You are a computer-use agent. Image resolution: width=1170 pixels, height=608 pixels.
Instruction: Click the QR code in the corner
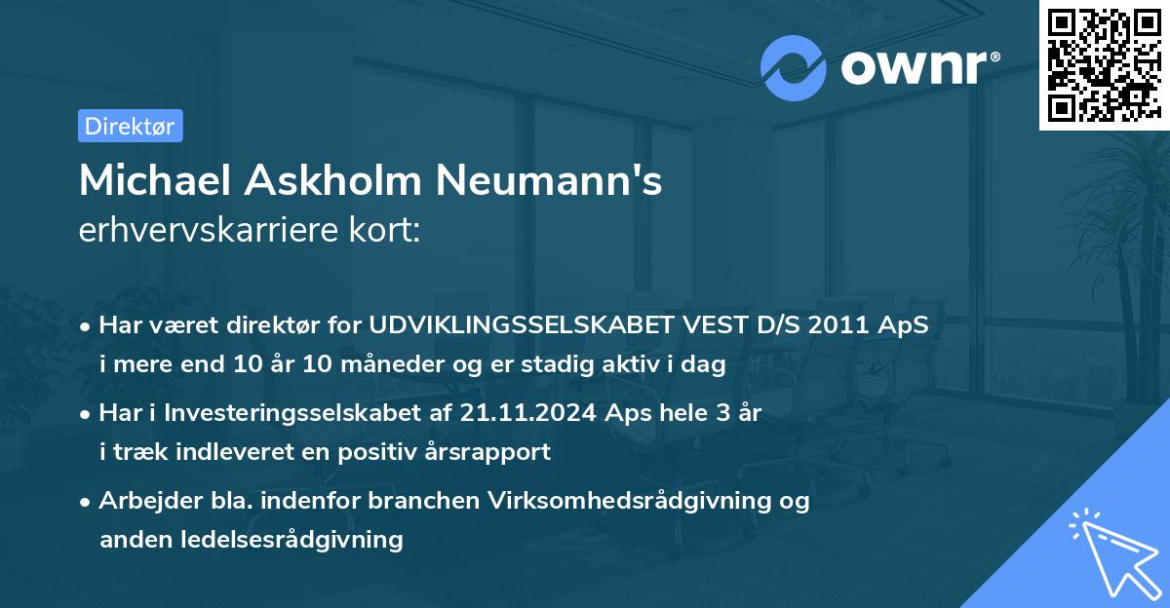1104,64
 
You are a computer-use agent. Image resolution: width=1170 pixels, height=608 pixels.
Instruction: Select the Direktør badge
130,126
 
